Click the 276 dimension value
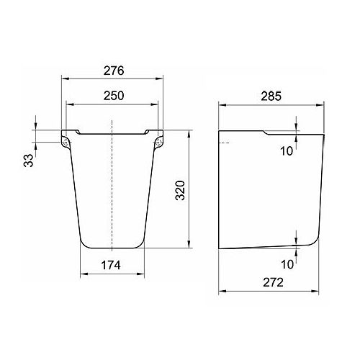(114, 71)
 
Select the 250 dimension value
(114, 96)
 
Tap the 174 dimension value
(111, 265)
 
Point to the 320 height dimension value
(180, 191)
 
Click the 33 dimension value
(28, 161)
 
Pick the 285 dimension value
(271, 96)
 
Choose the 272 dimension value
(273, 282)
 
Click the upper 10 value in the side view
(287, 151)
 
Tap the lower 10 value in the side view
(287, 264)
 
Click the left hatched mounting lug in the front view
(66, 142)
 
